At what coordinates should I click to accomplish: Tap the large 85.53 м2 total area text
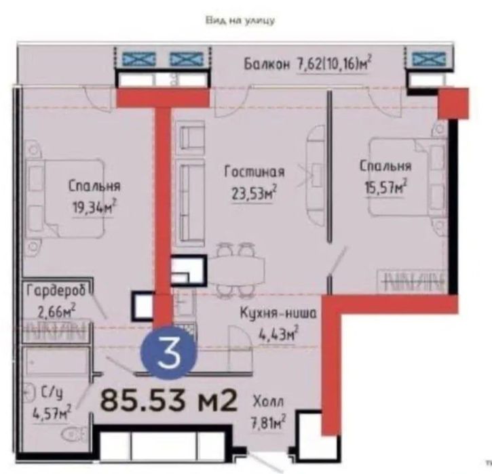point(168,399)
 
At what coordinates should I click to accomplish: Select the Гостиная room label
point(254,172)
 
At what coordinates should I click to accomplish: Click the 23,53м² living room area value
point(254,193)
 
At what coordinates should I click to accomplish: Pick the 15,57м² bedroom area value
point(385,187)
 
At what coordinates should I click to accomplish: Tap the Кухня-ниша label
point(278,313)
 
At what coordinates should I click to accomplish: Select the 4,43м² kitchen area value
point(278,334)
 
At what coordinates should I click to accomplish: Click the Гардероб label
point(56,291)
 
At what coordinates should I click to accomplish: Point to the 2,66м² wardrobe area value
point(56,311)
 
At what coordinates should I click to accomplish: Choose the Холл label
point(268,402)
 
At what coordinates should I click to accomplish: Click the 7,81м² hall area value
point(267,422)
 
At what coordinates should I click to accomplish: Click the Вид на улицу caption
point(240,21)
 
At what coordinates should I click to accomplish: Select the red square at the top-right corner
point(453,104)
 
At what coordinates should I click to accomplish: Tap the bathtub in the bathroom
point(56,361)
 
